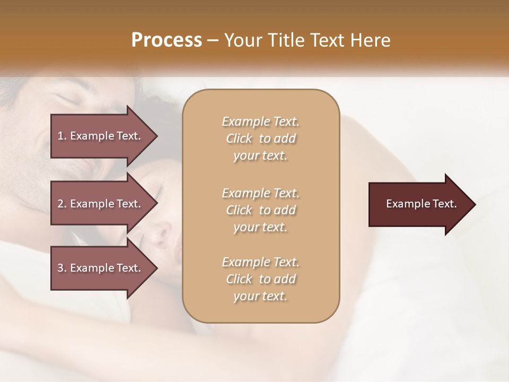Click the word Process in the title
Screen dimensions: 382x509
tap(166, 40)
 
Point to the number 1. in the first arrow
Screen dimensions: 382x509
tap(62, 136)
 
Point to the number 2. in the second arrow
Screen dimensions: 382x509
tap(62, 204)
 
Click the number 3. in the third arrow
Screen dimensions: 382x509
tap(62, 268)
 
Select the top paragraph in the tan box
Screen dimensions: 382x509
tap(260, 138)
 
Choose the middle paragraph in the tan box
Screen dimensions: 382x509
tap(260, 210)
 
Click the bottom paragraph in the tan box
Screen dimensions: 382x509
tap(260, 279)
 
